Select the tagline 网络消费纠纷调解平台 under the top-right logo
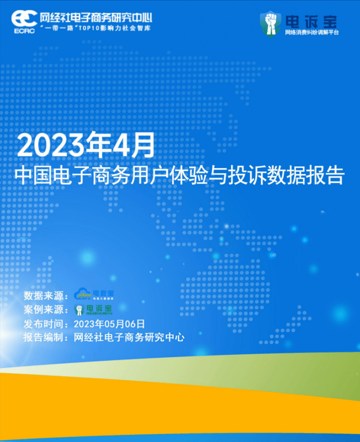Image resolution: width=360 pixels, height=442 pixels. (311, 33)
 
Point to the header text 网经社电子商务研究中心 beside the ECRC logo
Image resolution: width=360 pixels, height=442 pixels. (96, 18)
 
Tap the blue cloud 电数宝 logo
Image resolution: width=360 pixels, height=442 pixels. (94, 295)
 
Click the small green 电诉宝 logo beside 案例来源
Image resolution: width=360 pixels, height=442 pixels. (94, 310)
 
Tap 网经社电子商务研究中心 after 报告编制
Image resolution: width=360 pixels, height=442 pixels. (129, 338)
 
